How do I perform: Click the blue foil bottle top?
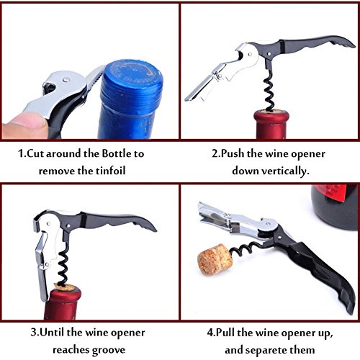point(131,99)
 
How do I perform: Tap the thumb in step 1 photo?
point(24,125)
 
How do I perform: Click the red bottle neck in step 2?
point(271,125)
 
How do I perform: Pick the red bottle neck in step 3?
point(63,304)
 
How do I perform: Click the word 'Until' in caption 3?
point(52,333)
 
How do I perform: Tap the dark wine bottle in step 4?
point(334,207)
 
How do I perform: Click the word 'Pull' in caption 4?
point(225,333)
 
